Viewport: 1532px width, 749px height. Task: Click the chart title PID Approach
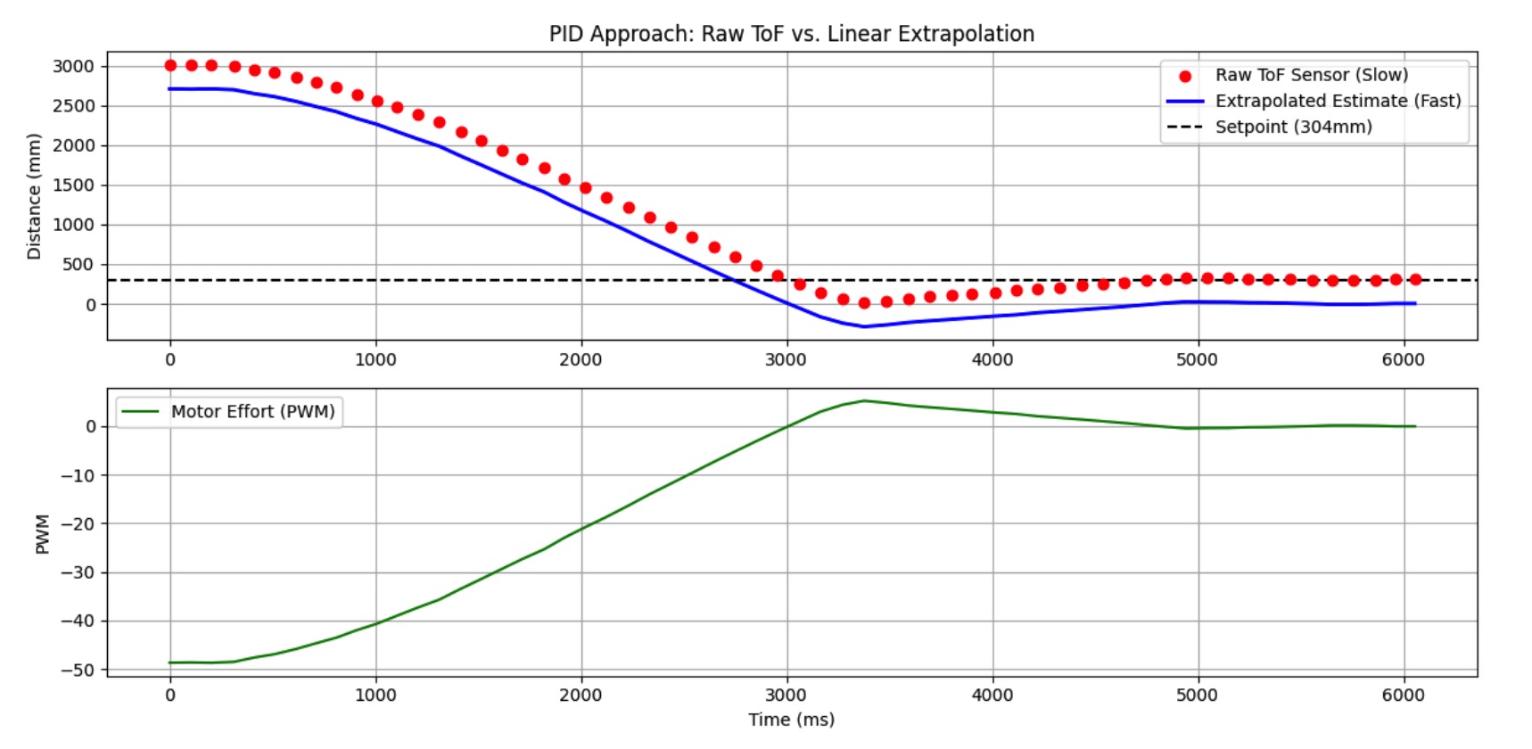[791, 34]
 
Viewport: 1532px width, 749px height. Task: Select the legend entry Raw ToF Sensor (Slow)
[1311, 75]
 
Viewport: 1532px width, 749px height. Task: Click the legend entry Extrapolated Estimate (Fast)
[1338, 101]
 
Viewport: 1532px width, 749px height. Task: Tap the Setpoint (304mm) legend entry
[1293, 127]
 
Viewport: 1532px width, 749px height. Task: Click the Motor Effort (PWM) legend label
[252, 411]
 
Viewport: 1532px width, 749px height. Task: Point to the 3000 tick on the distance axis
[73, 66]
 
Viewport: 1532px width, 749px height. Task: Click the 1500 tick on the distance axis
[73, 185]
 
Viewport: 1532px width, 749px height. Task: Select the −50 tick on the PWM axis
[77, 670]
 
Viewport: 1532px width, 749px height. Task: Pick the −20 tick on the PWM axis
[77, 523]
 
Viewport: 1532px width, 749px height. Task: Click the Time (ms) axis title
[791, 720]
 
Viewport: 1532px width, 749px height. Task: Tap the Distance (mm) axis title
[34, 196]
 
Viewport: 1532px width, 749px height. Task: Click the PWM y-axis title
[42, 533]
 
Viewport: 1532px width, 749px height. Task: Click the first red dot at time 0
[170, 65]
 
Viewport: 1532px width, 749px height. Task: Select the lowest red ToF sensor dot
[864, 303]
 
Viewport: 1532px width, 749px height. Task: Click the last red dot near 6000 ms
[1415, 279]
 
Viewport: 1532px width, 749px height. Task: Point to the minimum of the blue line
[863, 326]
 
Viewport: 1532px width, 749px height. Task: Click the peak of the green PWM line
[863, 400]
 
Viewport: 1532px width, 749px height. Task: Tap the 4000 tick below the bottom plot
[993, 695]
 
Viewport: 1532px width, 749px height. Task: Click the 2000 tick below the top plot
[581, 359]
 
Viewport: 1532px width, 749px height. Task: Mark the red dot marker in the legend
[1185, 76]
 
